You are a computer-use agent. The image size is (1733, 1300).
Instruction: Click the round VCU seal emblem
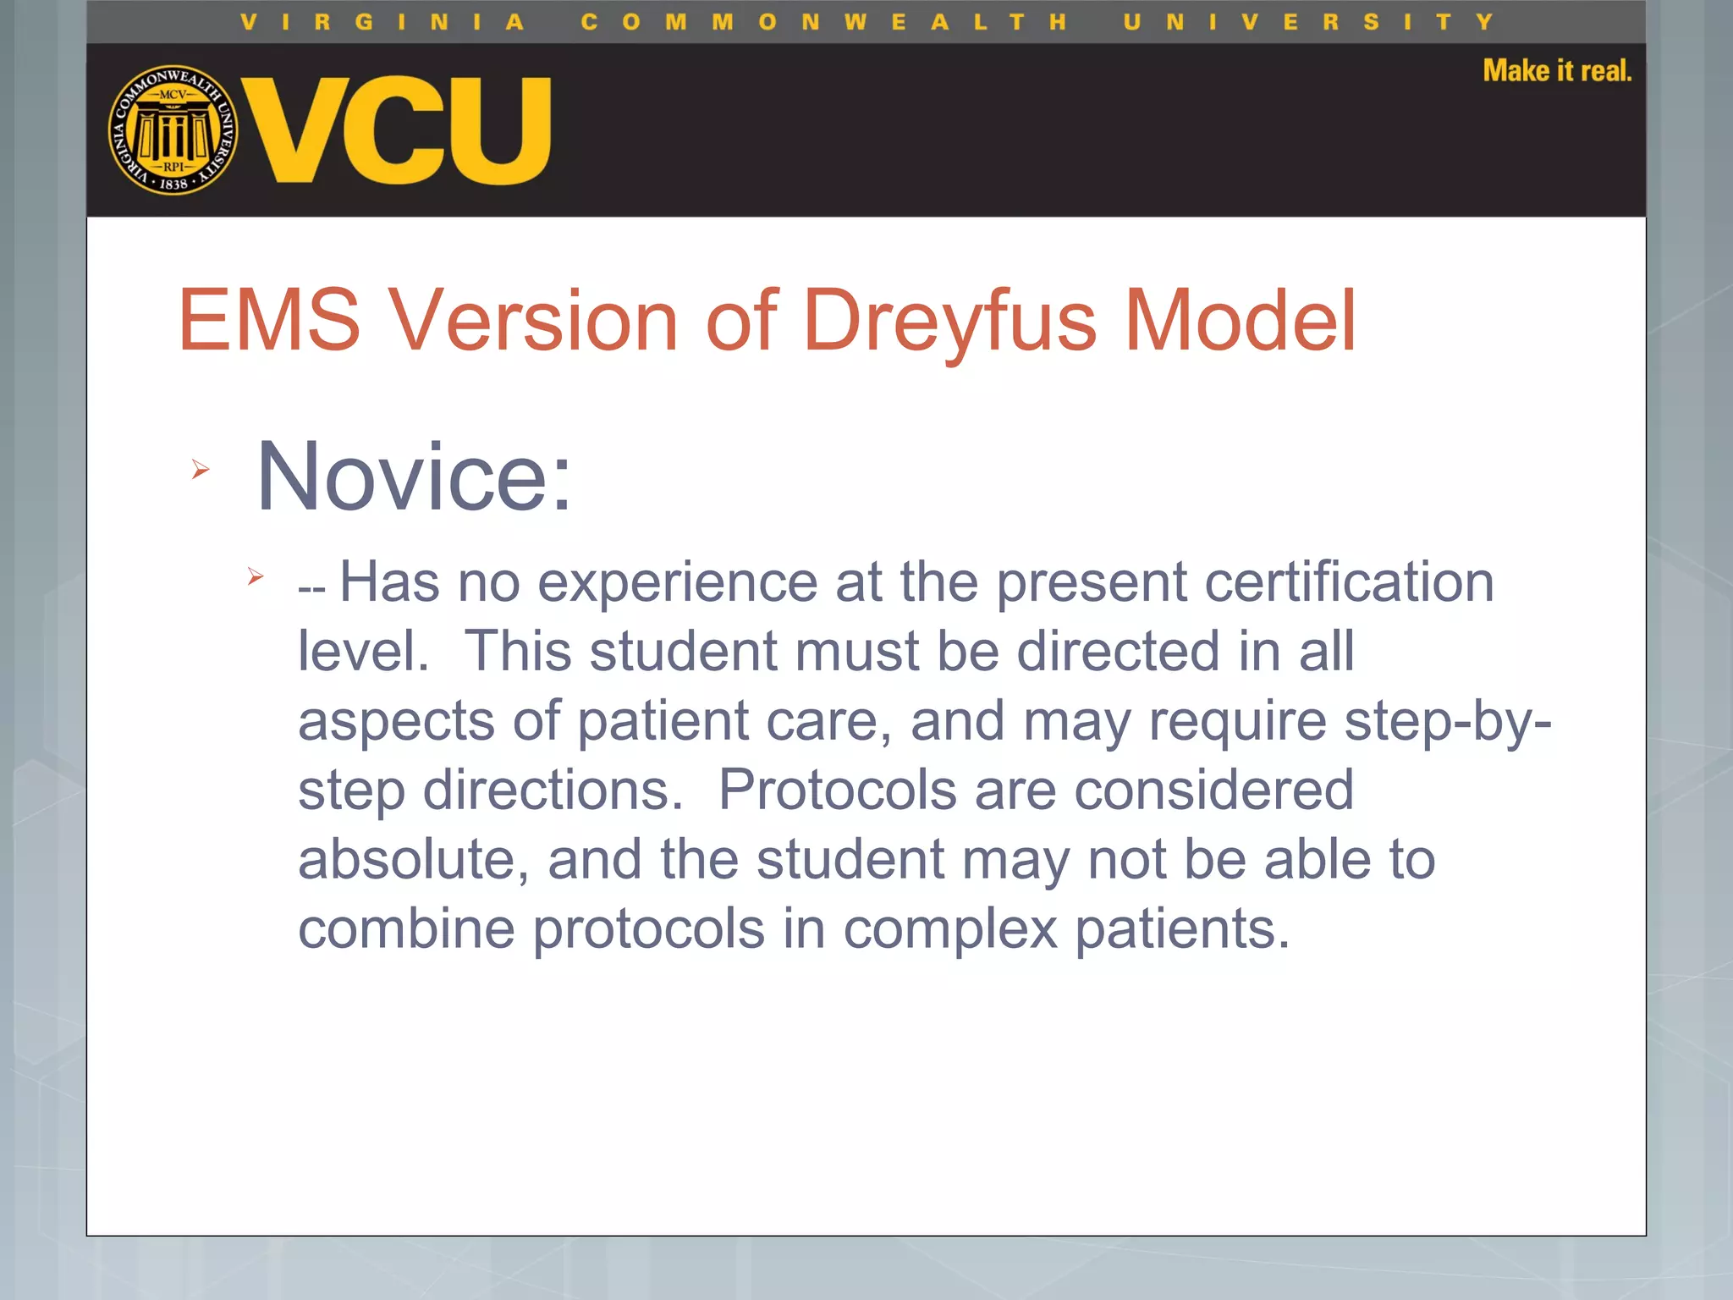pyautogui.click(x=173, y=130)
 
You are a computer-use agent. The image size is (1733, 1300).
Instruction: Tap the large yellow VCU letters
pyautogui.click(x=397, y=130)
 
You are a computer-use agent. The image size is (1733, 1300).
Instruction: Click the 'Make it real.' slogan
pyautogui.click(x=1557, y=71)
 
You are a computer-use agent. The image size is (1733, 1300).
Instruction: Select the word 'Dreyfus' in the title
pyautogui.click(x=950, y=321)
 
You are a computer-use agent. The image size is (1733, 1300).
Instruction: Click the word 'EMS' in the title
pyautogui.click(x=269, y=321)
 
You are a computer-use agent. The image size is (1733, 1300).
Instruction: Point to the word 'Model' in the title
pyautogui.click(x=1240, y=321)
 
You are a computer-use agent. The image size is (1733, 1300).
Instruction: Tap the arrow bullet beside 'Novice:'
pyautogui.click(x=201, y=469)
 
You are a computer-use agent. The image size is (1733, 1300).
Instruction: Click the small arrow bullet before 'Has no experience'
pyautogui.click(x=256, y=577)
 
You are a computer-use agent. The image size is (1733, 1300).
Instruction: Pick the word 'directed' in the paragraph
pyautogui.click(x=1118, y=652)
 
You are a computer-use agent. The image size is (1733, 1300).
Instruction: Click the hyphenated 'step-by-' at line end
pyautogui.click(x=1447, y=721)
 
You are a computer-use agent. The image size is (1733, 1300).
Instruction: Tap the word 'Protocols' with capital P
pyautogui.click(x=837, y=790)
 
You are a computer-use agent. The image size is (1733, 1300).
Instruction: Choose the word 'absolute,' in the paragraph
pyautogui.click(x=414, y=860)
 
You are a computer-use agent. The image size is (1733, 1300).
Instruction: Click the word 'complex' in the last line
pyautogui.click(x=950, y=929)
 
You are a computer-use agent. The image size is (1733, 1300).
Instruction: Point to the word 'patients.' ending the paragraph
pyautogui.click(x=1182, y=929)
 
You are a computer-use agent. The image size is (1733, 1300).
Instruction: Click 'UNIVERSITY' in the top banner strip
pyautogui.click(x=1308, y=22)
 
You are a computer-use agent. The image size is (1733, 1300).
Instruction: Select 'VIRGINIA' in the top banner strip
pyautogui.click(x=382, y=22)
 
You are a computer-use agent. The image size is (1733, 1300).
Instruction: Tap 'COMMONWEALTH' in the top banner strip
pyautogui.click(x=823, y=22)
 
